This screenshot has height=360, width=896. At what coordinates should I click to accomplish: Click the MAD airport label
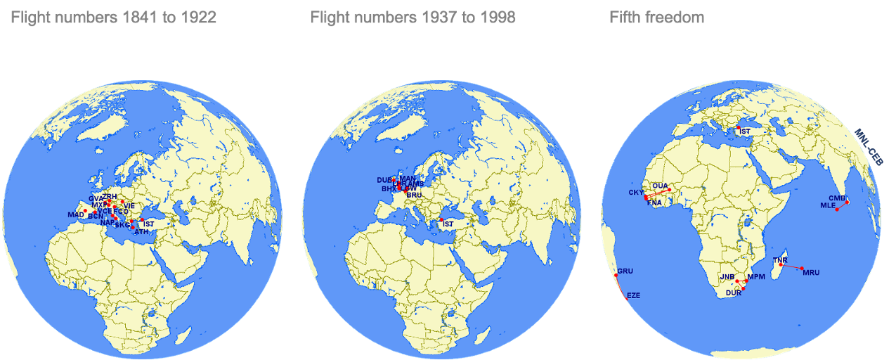[75, 214]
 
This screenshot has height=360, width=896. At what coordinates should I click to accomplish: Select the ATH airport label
[141, 232]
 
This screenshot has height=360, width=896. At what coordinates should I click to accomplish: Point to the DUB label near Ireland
[384, 180]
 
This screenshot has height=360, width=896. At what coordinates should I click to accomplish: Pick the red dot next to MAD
[86, 211]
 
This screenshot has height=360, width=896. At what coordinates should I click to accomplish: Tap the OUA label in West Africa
[660, 186]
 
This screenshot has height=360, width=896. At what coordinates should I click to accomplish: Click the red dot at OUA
[670, 190]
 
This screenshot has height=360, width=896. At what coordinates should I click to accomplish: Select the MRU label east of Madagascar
[811, 272]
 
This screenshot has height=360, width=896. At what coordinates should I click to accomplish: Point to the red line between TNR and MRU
[791, 266]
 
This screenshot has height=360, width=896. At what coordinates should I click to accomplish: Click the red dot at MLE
[837, 210]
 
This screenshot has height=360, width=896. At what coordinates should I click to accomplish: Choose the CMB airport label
[837, 198]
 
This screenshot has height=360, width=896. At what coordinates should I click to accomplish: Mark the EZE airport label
[633, 295]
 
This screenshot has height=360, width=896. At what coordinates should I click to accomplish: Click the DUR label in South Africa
[734, 292]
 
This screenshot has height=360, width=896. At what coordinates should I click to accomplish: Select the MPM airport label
[756, 277]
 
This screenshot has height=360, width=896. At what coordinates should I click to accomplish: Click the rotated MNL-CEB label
[869, 147]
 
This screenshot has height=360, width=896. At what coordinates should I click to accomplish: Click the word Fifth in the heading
[625, 18]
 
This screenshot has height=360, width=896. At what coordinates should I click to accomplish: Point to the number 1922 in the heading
[198, 18]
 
